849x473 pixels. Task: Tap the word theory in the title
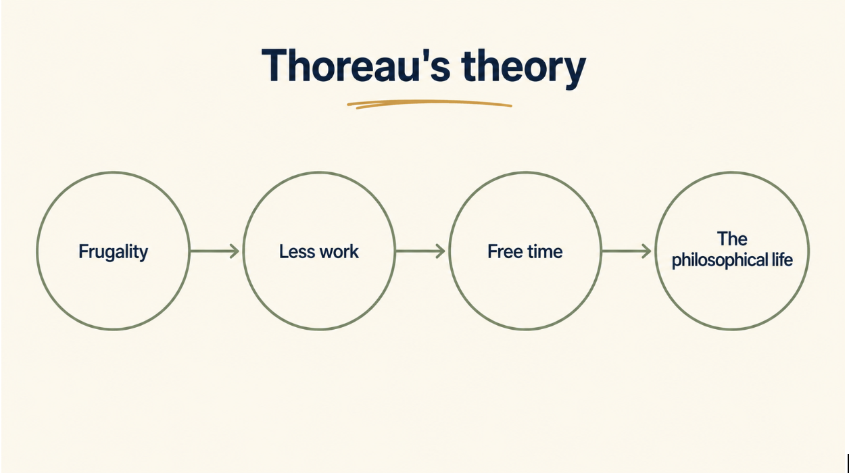point(524,69)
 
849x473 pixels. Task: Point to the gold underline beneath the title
point(429,104)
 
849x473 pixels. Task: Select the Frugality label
point(113,252)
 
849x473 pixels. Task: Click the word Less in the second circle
point(295,251)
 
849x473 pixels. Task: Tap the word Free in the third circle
point(504,251)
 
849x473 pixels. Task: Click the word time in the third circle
point(543,251)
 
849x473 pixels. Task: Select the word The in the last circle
point(732,239)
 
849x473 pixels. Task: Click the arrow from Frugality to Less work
point(214,251)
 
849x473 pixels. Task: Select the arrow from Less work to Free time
point(420,251)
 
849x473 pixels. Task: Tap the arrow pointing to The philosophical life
point(627,251)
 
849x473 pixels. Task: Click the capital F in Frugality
point(82,251)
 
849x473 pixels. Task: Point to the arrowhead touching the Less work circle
point(235,251)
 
